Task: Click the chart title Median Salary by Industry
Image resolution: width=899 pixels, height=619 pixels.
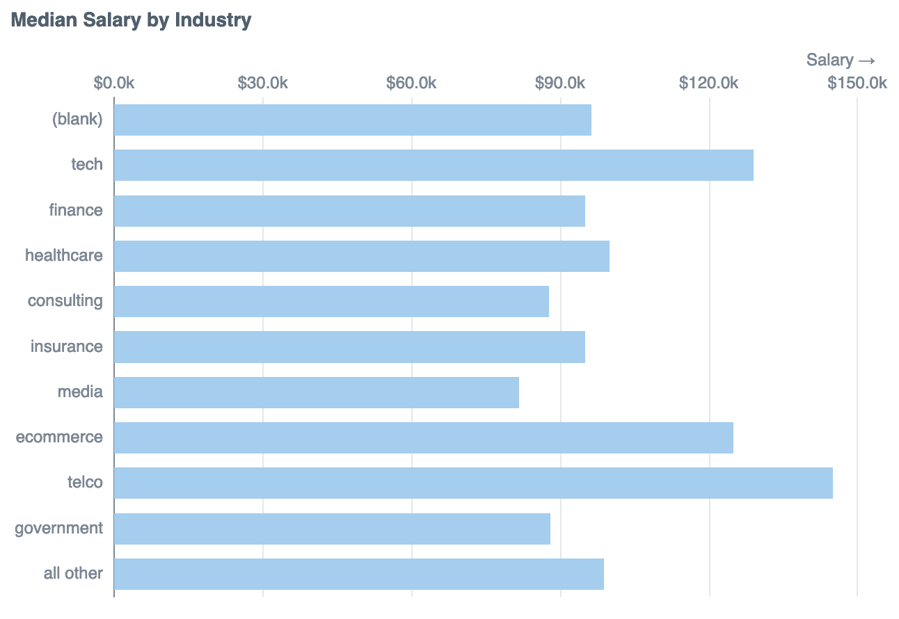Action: click(x=131, y=20)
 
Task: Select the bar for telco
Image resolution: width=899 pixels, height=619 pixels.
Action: click(x=473, y=483)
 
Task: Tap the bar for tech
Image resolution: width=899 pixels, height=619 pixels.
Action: click(x=433, y=165)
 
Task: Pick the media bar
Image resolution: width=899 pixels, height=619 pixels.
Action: click(x=317, y=392)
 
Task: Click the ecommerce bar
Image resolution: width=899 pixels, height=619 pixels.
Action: click(x=424, y=437)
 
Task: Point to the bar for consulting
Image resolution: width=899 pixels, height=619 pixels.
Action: click(x=331, y=301)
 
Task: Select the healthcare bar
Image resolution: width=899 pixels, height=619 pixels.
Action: click(x=362, y=256)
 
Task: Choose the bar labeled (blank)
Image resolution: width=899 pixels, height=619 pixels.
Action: click(x=353, y=120)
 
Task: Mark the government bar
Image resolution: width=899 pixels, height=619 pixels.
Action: click(x=332, y=529)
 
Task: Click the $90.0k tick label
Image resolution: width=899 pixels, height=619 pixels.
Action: click(x=560, y=83)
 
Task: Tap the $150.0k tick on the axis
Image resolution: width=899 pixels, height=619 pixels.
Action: click(x=857, y=83)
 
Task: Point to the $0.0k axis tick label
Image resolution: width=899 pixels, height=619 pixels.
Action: click(x=114, y=83)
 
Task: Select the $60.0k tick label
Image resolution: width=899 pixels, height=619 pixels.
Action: click(x=411, y=83)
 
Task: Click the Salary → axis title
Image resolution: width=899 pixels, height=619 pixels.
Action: click(x=841, y=60)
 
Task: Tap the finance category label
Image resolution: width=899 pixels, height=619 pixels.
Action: click(x=76, y=210)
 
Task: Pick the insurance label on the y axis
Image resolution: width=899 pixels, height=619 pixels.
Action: click(x=67, y=346)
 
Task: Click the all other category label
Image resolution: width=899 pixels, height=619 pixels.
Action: click(x=73, y=574)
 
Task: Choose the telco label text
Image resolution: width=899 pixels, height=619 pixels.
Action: click(x=85, y=483)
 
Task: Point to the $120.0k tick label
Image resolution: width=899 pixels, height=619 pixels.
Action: click(x=708, y=83)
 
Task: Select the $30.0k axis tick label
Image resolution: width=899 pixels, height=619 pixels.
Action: click(x=262, y=83)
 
